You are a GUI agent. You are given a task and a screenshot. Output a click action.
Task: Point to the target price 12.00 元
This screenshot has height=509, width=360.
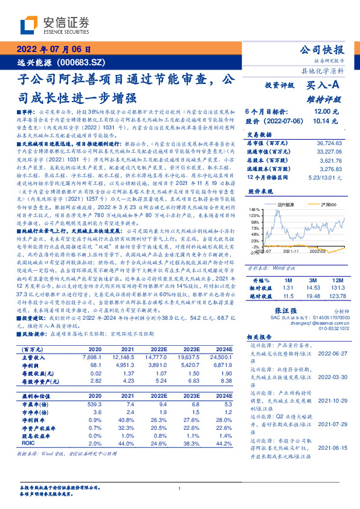321,112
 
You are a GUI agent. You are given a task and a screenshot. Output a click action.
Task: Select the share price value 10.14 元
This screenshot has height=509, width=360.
321,121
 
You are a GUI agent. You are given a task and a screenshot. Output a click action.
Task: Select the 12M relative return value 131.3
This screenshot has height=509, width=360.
336,272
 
